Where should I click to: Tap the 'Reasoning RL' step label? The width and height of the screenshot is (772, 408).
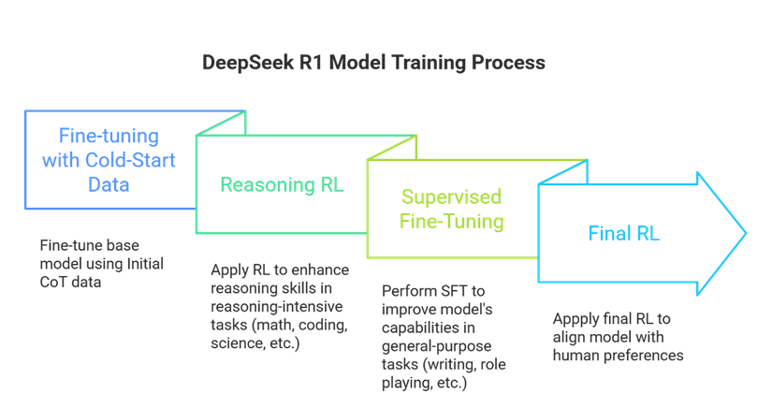pyautogui.click(x=282, y=184)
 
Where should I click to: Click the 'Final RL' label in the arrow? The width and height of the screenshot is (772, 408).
pyautogui.click(x=623, y=233)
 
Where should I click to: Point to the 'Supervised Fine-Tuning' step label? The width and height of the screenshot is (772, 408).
pyautogui.click(x=452, y=210)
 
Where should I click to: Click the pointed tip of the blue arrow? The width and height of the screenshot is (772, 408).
pyautogui.click(x=745, y=233)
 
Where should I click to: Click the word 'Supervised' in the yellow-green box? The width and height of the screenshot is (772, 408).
pyautogui.click(x=452, y=197)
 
